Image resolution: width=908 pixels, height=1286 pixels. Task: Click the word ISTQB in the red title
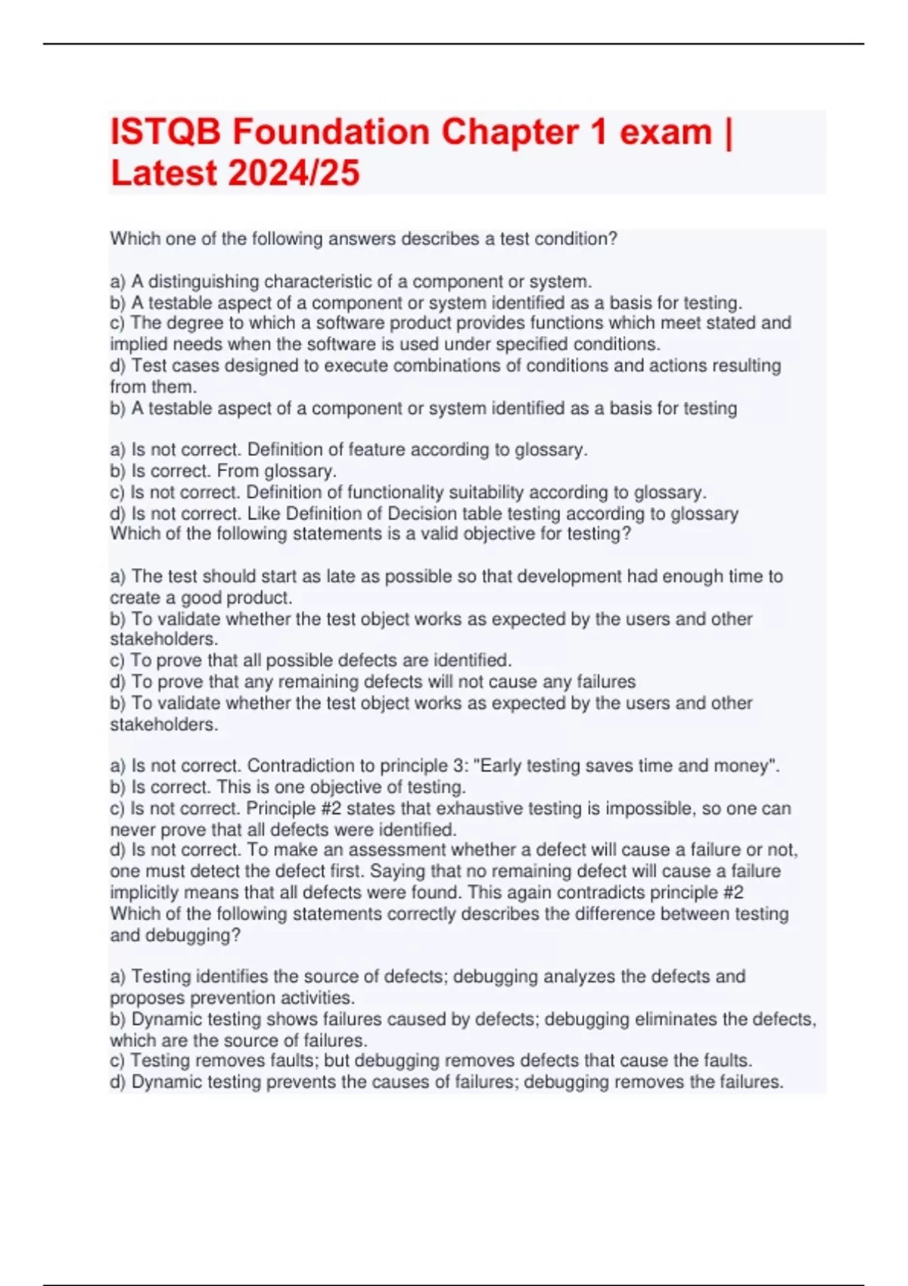[166, 132]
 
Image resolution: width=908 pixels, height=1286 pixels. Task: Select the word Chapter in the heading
[511, 132]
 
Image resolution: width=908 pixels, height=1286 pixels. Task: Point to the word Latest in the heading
[163, 173]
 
